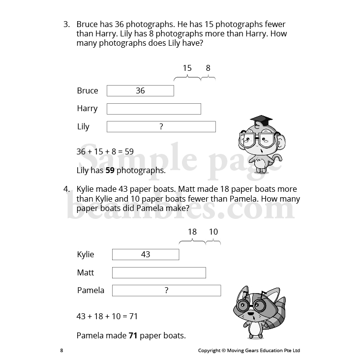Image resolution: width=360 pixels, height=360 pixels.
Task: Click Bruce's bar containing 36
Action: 140,90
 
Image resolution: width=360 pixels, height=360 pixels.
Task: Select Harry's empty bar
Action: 153,109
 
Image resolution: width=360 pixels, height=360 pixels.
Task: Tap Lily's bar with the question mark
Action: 161,127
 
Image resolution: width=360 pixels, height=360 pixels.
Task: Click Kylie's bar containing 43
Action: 146,254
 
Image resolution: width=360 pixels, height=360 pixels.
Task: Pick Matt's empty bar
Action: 159,272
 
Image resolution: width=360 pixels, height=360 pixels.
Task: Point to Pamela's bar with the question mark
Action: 166,291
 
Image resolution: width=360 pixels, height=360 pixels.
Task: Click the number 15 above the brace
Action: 187,68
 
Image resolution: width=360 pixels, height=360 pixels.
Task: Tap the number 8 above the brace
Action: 208,68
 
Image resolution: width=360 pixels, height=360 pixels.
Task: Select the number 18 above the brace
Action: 192,232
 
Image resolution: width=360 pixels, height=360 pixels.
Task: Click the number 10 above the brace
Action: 213,232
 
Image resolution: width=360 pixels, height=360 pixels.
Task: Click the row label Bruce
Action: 88,90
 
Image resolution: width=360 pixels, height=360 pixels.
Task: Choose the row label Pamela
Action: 90,290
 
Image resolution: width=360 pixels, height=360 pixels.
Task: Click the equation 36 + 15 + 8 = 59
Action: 105,152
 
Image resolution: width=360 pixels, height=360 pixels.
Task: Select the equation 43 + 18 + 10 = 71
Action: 107,316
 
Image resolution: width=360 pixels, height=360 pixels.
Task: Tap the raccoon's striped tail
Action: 275,310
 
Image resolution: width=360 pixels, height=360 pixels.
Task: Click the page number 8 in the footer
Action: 61,351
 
